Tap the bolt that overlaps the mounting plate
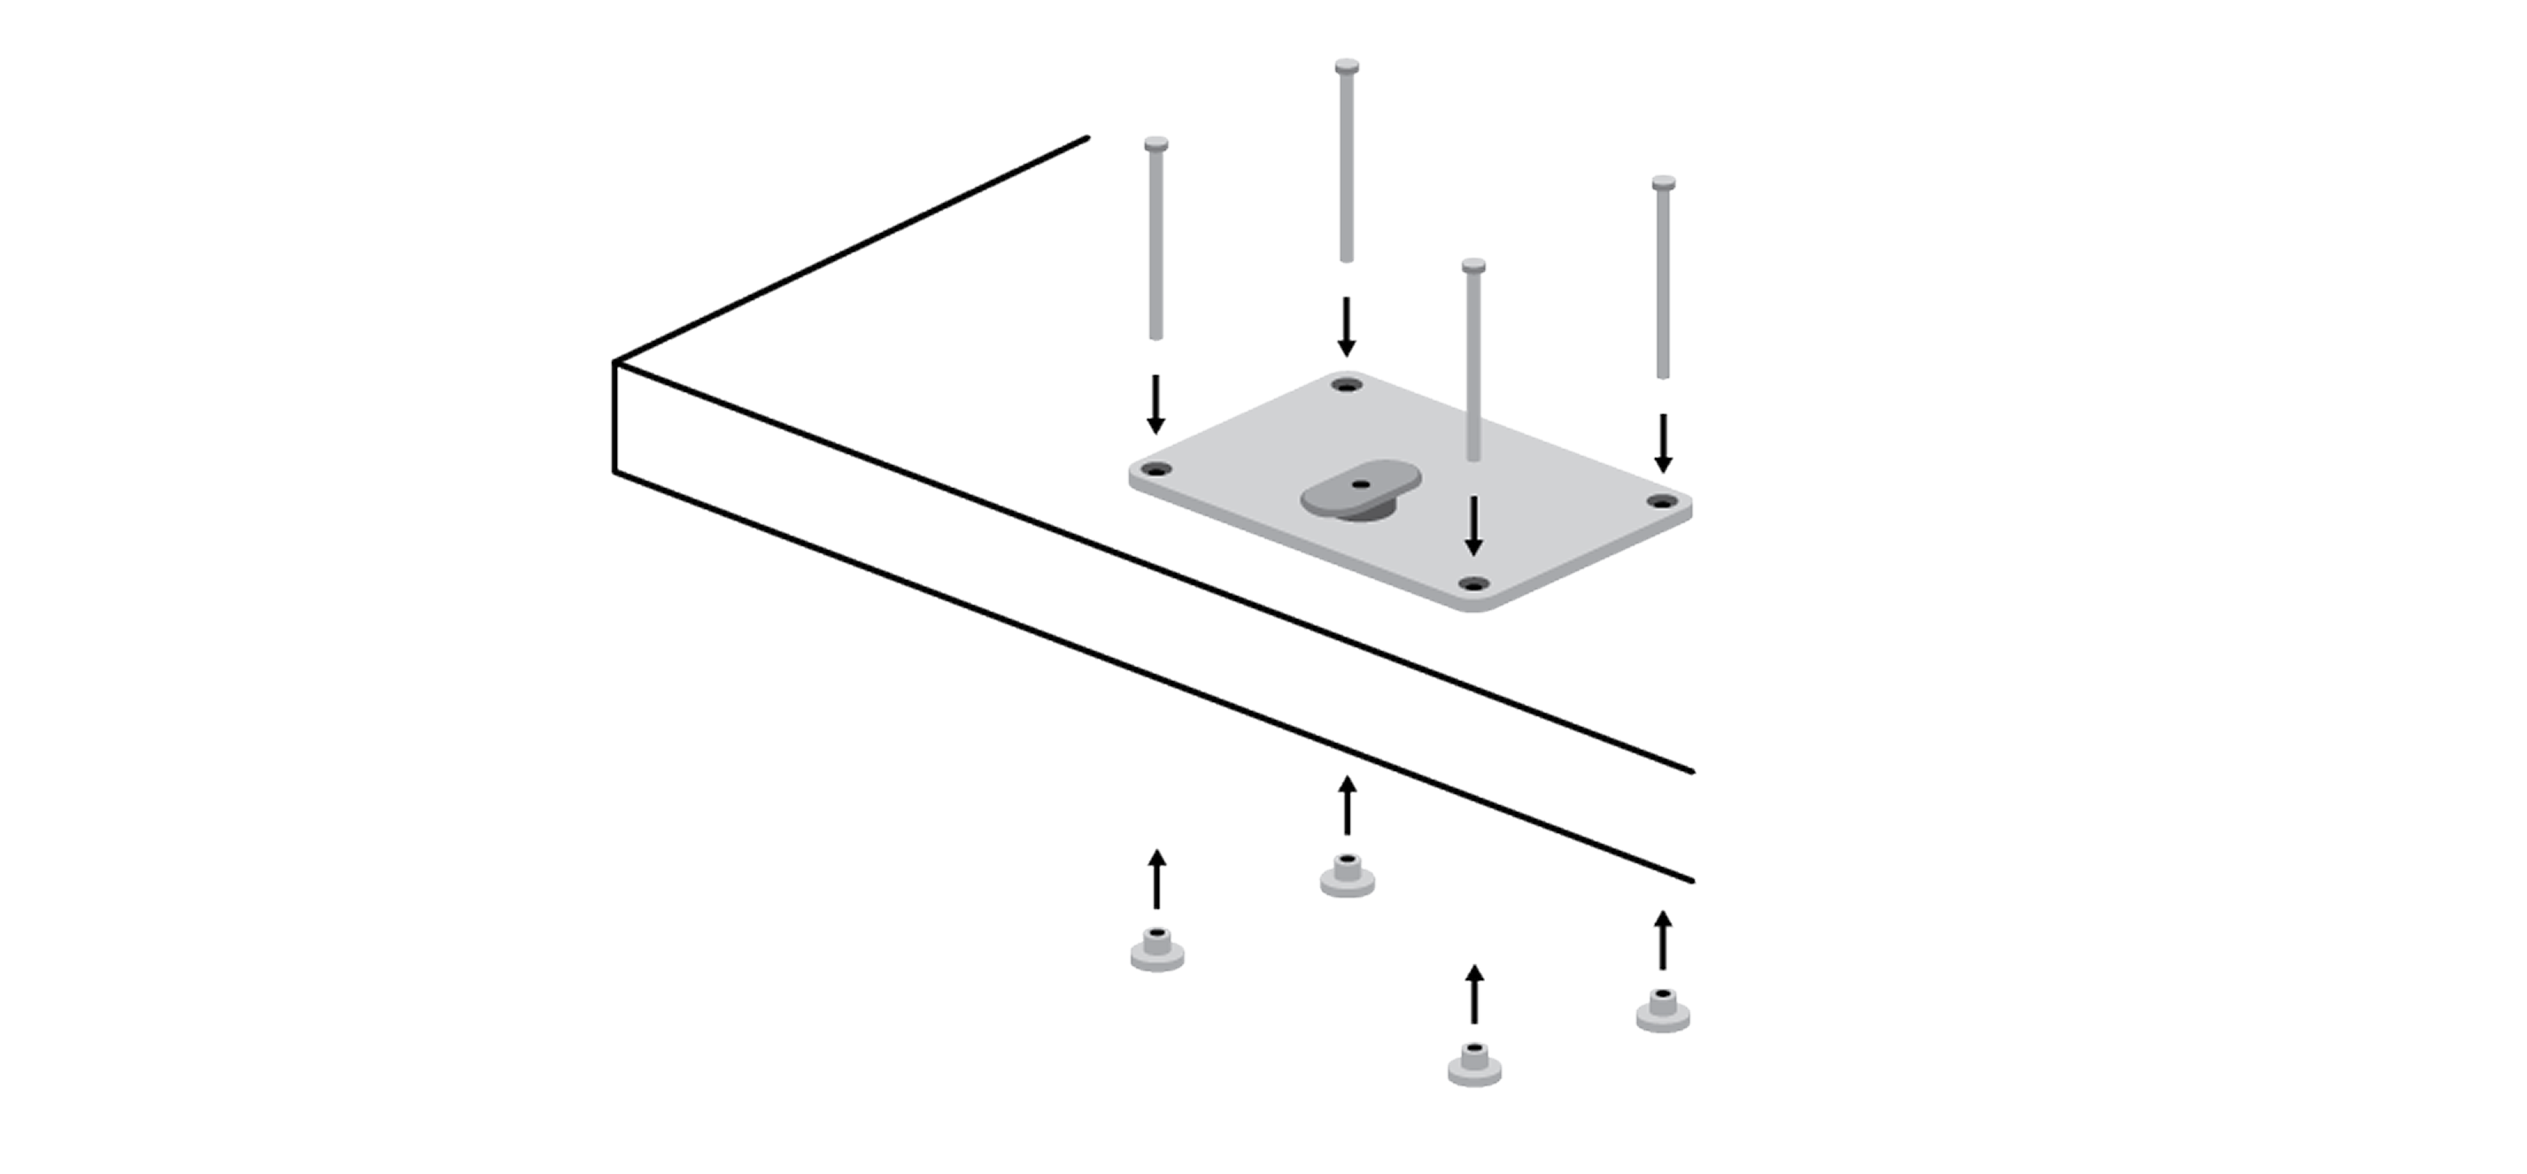tap(1473, 363)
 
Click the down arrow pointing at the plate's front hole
tap(1473, 526)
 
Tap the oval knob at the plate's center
tap(1359, 491)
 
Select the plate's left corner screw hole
tap(1158, 469)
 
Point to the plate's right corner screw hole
tap(1661, 502)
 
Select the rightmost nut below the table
tap(1663, 1011)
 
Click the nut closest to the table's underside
tap(1347, 876)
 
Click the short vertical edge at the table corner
tap(615, 418)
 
